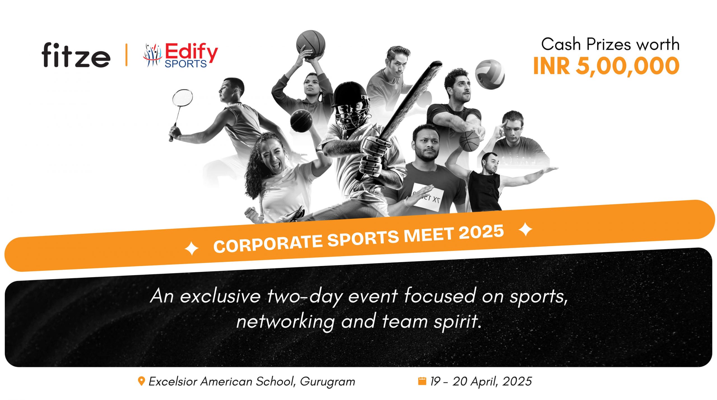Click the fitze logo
point(76,55)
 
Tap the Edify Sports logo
point(180,55)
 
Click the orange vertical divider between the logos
point(126,55)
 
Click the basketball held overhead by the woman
point(311,44)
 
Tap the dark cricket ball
point(301,121)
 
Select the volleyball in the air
point(490,74)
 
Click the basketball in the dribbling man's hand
point(469,141)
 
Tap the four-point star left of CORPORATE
point(192,248)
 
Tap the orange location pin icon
point(142,381)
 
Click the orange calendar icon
point(422,381)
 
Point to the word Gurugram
point(327,382)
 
